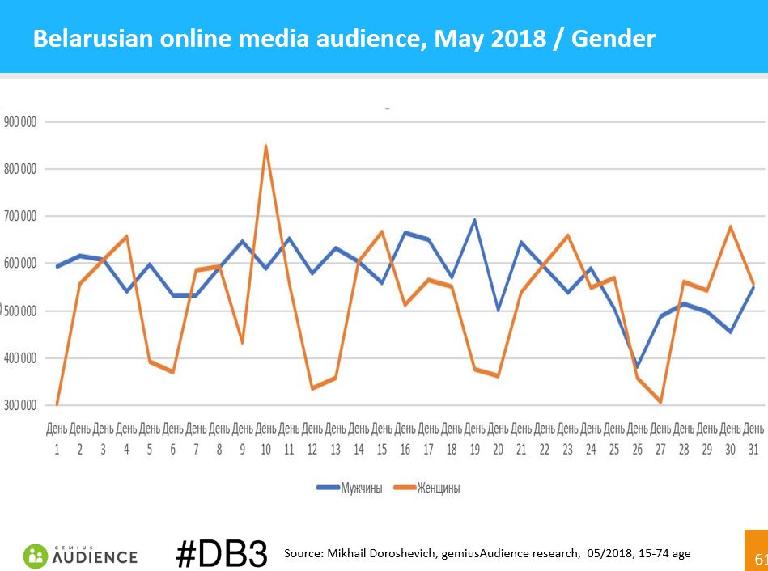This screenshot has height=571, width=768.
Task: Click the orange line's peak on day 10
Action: point(265,146)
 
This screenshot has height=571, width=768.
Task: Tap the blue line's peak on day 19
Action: point(474,220)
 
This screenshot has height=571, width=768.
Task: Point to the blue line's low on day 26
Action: point(638,366)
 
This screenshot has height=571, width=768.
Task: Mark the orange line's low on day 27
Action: point(660,402)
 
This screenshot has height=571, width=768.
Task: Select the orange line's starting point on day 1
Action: point(57,404)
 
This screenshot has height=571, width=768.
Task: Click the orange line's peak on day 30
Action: point(730,226)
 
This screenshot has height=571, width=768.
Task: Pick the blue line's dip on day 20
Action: point(498,310)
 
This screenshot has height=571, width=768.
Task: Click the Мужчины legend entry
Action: point(349,488)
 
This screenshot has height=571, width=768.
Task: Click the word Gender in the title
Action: point(613,38)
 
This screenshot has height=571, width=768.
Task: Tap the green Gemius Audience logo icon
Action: point(36,556)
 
